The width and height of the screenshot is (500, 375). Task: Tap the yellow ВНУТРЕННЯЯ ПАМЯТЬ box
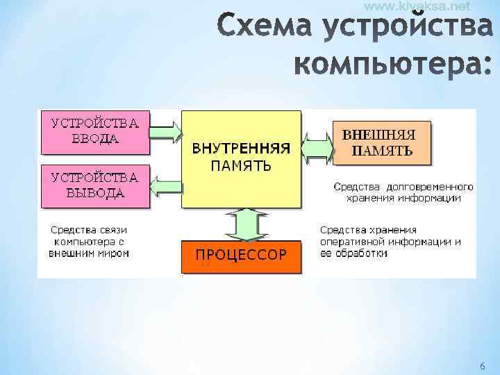coord(241,158)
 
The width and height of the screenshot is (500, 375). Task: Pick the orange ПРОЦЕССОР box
coord(241,255)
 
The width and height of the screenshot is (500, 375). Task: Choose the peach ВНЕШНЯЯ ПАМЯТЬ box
coord(383,143)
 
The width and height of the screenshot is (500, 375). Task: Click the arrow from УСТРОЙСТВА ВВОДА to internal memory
coord(166,131)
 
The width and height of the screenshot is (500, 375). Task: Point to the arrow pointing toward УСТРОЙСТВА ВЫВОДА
coord(166,185)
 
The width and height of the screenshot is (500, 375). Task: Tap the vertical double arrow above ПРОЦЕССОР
coord(241,224)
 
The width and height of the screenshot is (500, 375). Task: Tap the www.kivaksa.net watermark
coord(416,6)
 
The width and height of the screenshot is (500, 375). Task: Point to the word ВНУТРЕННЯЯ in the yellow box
coord(241,149)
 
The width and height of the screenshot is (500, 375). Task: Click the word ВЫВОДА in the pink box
coord(95,192)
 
